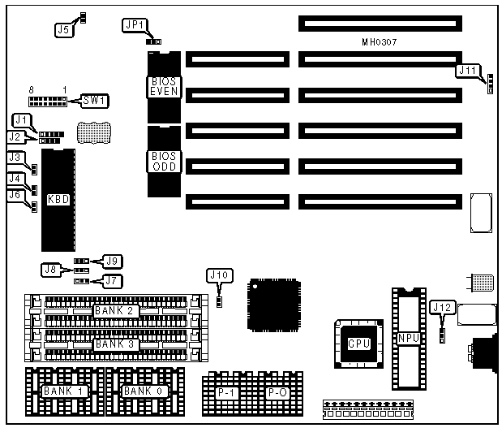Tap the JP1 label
point(132,25)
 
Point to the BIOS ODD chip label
point(163,160)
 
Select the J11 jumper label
point(468,71)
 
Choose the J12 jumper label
point(443,307)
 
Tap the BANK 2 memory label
point(114,311)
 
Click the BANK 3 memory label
point(114,344)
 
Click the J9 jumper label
point(112,261)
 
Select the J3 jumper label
point(15,158)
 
